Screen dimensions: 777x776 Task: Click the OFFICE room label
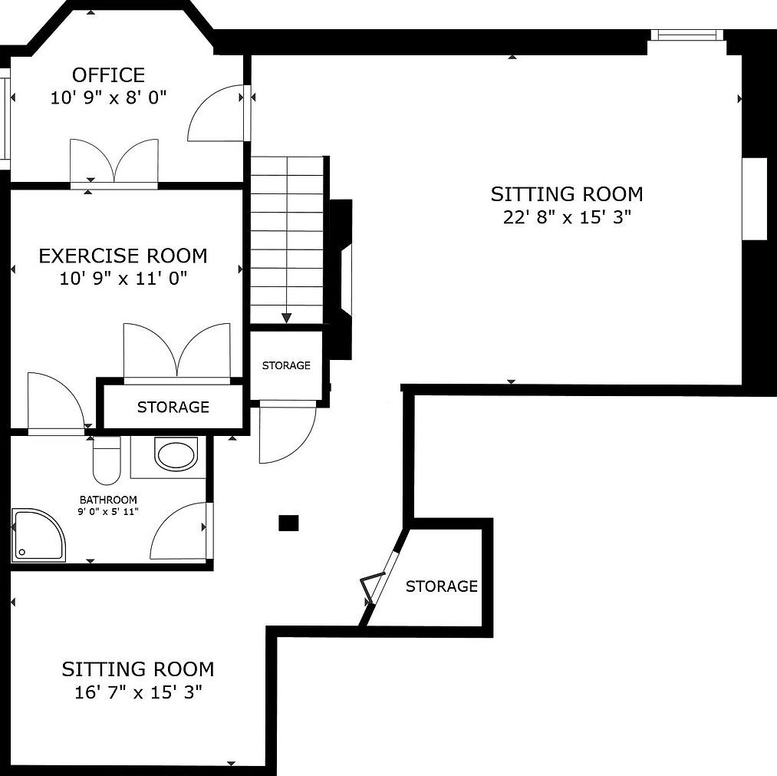coord(108,75)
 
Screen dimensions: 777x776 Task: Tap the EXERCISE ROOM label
coord(123,256)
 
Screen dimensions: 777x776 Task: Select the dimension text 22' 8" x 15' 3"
coord(567,217)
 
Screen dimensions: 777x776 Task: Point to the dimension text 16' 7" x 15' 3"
coord(138,692)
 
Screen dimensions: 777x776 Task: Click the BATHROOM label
coord(108,500)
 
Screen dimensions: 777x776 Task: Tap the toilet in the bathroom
coord(107,461)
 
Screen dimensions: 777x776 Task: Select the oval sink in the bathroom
coord(176,454)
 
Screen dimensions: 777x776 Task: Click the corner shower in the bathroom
coord(38,535)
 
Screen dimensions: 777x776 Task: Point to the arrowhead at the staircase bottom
coord(286,319)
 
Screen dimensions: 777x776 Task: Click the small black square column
coord(288,523)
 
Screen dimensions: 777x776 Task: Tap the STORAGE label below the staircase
coord(286,365)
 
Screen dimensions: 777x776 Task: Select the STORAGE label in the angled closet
coord(442,586)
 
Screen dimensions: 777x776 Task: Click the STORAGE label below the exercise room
coord(173,407)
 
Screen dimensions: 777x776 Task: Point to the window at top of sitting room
coord(686,35)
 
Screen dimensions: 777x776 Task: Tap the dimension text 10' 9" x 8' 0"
coord(108,97)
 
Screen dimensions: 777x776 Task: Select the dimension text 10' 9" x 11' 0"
coord(123,279)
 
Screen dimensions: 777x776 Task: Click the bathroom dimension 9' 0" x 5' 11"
coord(108,512)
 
